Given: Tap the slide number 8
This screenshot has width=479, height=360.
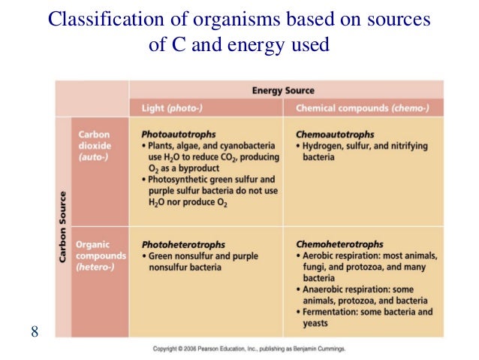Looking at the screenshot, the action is (x=35, y=331).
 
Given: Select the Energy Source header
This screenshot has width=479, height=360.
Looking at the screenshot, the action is (x=283, y=91).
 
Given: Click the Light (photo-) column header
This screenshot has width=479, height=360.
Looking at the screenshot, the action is (x=172, y=108).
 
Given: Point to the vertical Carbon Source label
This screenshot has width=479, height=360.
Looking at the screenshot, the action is (x=62, y=225).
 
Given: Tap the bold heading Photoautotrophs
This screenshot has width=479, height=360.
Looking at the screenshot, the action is (x=177, y=133).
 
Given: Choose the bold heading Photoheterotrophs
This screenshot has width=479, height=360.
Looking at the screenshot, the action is (x=183, y=244).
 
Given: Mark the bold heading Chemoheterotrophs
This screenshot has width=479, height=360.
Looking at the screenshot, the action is (x=339, y=244).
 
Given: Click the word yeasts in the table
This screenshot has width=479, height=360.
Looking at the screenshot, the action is (x=315, y=323).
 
